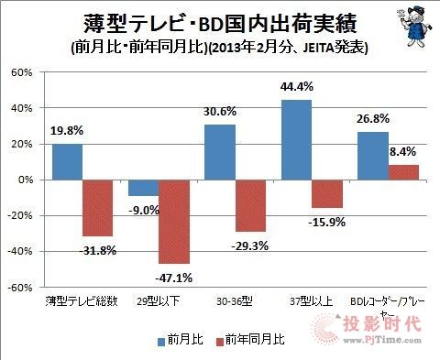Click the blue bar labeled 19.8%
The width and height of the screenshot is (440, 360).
point(67,161)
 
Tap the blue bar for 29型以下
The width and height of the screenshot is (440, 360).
point(143,188)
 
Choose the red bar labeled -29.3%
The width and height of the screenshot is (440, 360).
point(250,205)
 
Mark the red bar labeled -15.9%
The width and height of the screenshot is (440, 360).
point(326,193)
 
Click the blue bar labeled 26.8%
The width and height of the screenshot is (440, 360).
point(371,156)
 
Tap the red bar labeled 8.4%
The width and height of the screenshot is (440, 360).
point(402,172)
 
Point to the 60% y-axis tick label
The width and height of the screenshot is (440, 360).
point(23,72)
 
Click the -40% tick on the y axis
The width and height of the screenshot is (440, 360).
point(21,251)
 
